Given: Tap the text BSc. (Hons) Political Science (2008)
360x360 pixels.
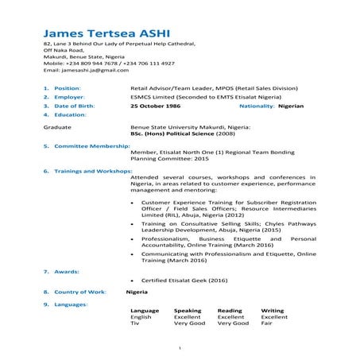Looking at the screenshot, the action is [187, 134].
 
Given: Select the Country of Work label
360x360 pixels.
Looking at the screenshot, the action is [80, 292].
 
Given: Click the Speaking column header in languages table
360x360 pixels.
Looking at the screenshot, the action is [188, 311].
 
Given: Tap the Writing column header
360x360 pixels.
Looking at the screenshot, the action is [273, 311].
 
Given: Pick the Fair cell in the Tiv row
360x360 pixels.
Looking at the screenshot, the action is [266, 324].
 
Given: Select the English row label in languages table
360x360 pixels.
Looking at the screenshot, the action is [141, 317].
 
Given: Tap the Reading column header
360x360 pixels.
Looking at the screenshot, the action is [230, 311].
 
